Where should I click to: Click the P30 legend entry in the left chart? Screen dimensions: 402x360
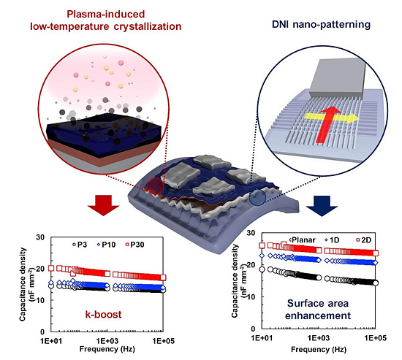point(135,245)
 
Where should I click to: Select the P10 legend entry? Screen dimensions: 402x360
point(106,245)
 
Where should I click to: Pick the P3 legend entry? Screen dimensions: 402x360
point(80,245)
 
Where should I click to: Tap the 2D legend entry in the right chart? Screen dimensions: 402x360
point(364,240)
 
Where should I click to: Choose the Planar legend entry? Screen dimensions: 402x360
point(302,240)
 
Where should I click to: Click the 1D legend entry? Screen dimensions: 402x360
point(332,240)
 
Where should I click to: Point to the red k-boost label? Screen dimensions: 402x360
point(103,315)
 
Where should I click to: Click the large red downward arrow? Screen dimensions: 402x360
point(103,205)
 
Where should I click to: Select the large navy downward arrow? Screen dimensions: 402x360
point(322,206)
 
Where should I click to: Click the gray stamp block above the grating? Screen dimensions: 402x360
point(337,77)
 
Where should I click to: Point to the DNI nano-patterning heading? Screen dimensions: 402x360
point(321,25)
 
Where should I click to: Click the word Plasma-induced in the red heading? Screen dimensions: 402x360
point(106,14)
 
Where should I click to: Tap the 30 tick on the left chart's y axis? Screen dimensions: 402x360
point(40,237)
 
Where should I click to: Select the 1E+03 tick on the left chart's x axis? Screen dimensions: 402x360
point(107,341)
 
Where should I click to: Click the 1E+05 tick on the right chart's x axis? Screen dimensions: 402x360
point(376,338)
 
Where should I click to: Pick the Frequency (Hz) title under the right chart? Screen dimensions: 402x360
point(319,349)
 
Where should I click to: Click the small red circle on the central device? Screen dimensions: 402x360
point(156,185)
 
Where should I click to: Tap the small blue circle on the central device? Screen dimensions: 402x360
point(257,197)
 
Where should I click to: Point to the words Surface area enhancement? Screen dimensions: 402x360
point(318,310)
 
